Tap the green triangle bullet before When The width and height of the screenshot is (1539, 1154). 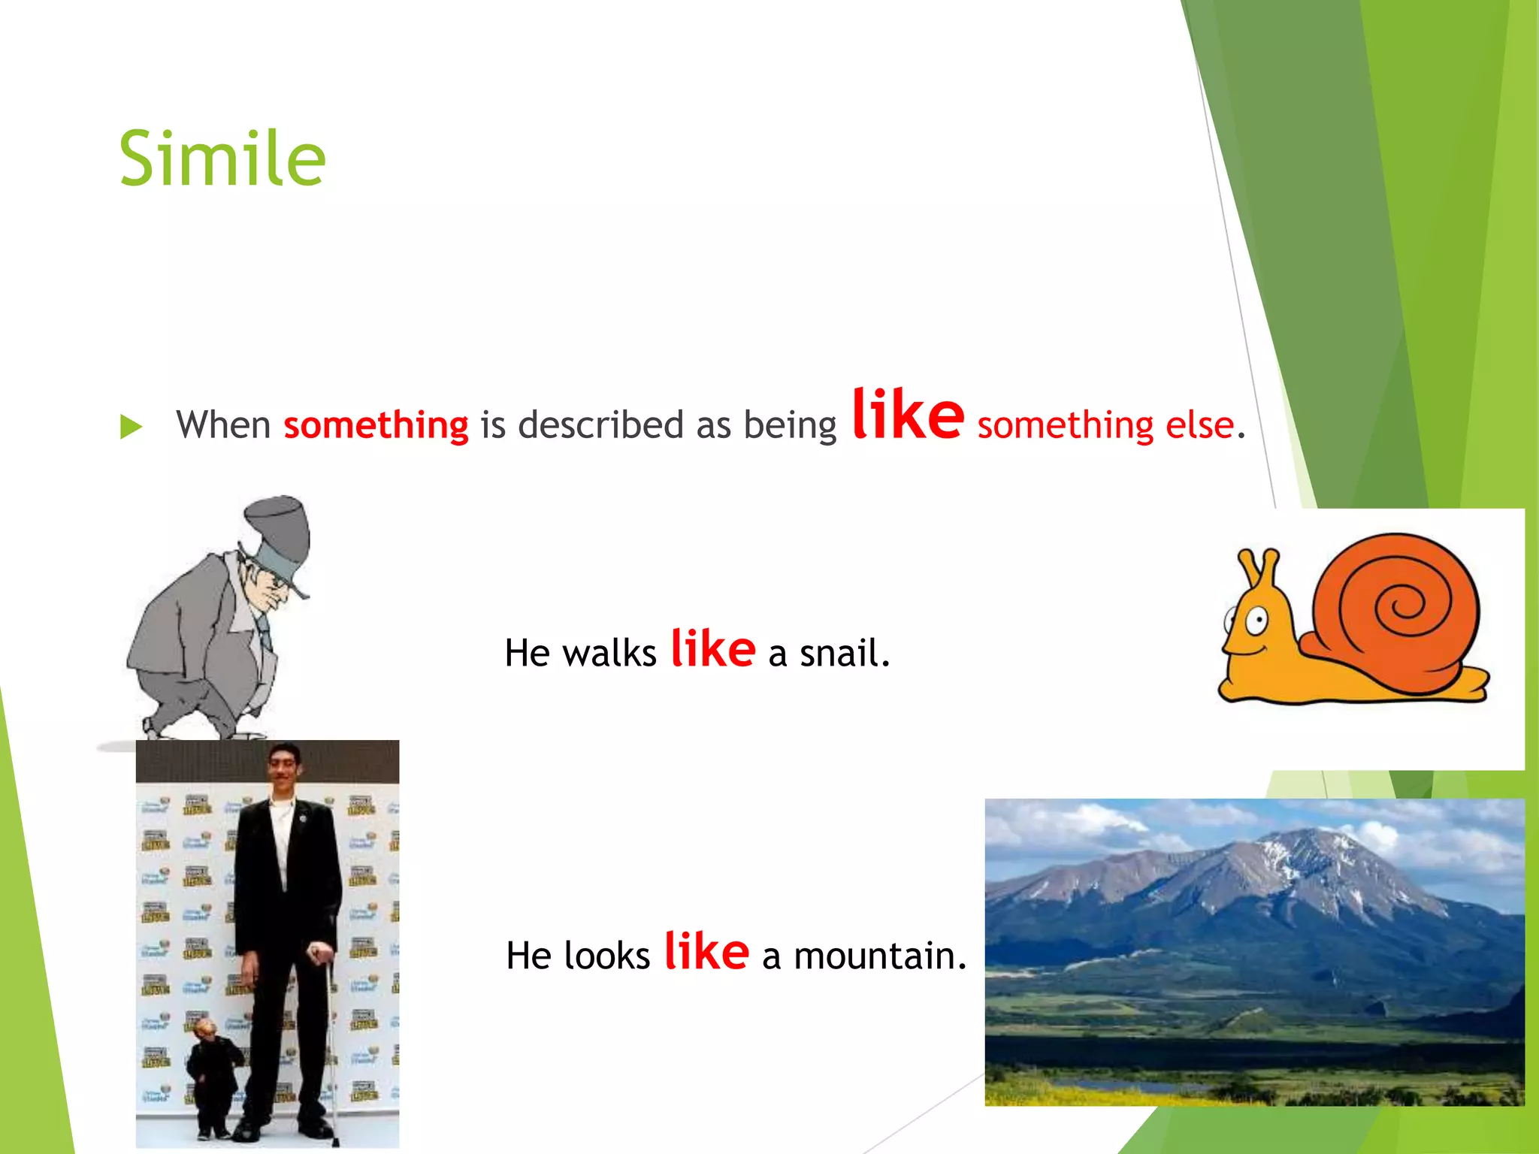(x=131, y=427)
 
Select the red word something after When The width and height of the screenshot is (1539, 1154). (x=376, y=425)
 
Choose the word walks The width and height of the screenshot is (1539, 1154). (x=609, y=653)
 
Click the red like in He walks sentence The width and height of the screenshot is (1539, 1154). (x=712, y=648)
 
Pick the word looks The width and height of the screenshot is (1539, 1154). (x=606, y=956)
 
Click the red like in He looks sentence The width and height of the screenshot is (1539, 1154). (x=706, y=951)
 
